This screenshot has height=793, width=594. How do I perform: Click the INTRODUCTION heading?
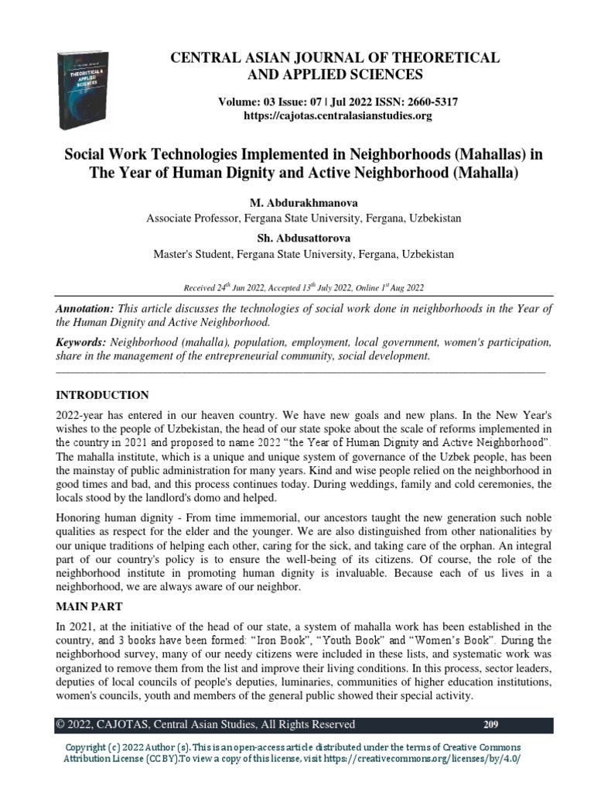click(103, 395)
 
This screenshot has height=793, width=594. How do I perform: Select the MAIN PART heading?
click(89, 607)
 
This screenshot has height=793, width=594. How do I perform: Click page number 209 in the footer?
click(490, 725)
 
